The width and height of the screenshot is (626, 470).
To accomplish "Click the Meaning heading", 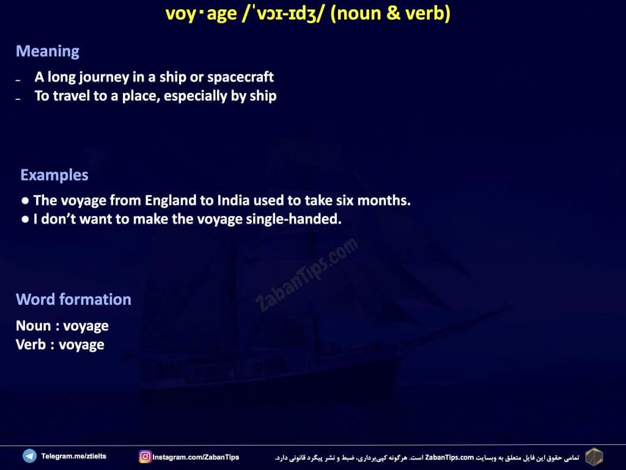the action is (48, 51).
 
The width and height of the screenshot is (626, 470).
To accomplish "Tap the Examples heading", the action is (54, 175).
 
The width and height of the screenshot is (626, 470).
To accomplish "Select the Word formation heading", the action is (73, 299).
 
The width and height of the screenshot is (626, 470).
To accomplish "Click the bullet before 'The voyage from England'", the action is (25, 201).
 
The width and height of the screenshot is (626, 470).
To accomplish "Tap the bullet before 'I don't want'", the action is (25, 219).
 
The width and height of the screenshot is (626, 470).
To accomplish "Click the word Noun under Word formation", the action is (33, 326).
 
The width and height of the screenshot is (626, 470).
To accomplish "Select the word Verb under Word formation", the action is (31, 345).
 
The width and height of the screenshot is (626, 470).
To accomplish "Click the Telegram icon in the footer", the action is (29, 456).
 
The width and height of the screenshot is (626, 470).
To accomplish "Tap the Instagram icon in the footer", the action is (145, 457).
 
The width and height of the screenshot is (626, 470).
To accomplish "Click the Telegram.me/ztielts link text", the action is (74, 456).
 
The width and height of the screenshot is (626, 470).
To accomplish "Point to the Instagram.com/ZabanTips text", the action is (196, 457).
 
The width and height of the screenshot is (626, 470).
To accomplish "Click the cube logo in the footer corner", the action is (594, 457).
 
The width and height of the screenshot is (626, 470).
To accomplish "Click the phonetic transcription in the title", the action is (281, 13).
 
